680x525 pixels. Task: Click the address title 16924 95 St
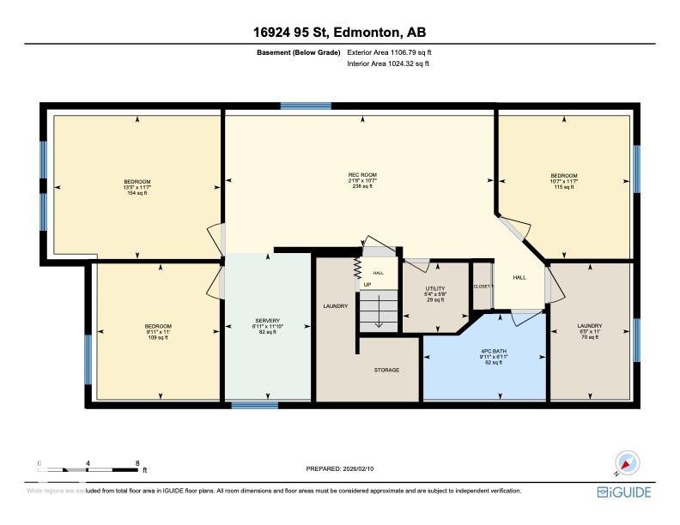coord(339,33)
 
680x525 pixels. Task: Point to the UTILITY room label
coord(435,289)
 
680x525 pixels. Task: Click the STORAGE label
coord(386,370)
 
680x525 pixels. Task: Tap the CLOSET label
coord(482,286)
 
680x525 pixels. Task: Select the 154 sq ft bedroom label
coord(137,187)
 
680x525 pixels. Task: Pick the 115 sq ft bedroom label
coord(564,181)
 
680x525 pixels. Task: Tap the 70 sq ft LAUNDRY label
coord(590,331)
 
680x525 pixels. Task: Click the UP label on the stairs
coord(367,285)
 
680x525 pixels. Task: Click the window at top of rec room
coord(306,106)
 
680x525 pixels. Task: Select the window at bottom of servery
coord(255,404)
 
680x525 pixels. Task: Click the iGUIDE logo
coord(624,492)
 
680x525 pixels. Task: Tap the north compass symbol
coord(628,463)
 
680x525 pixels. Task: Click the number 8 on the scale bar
coord(138,462)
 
